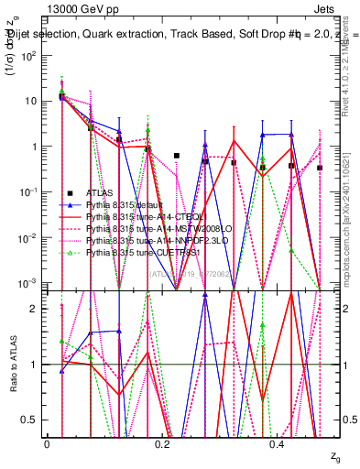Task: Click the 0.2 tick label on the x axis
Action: (x=163, y=443)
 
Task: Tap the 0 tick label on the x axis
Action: (x=47, y=443)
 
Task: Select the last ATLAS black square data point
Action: (x=320, y=168)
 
